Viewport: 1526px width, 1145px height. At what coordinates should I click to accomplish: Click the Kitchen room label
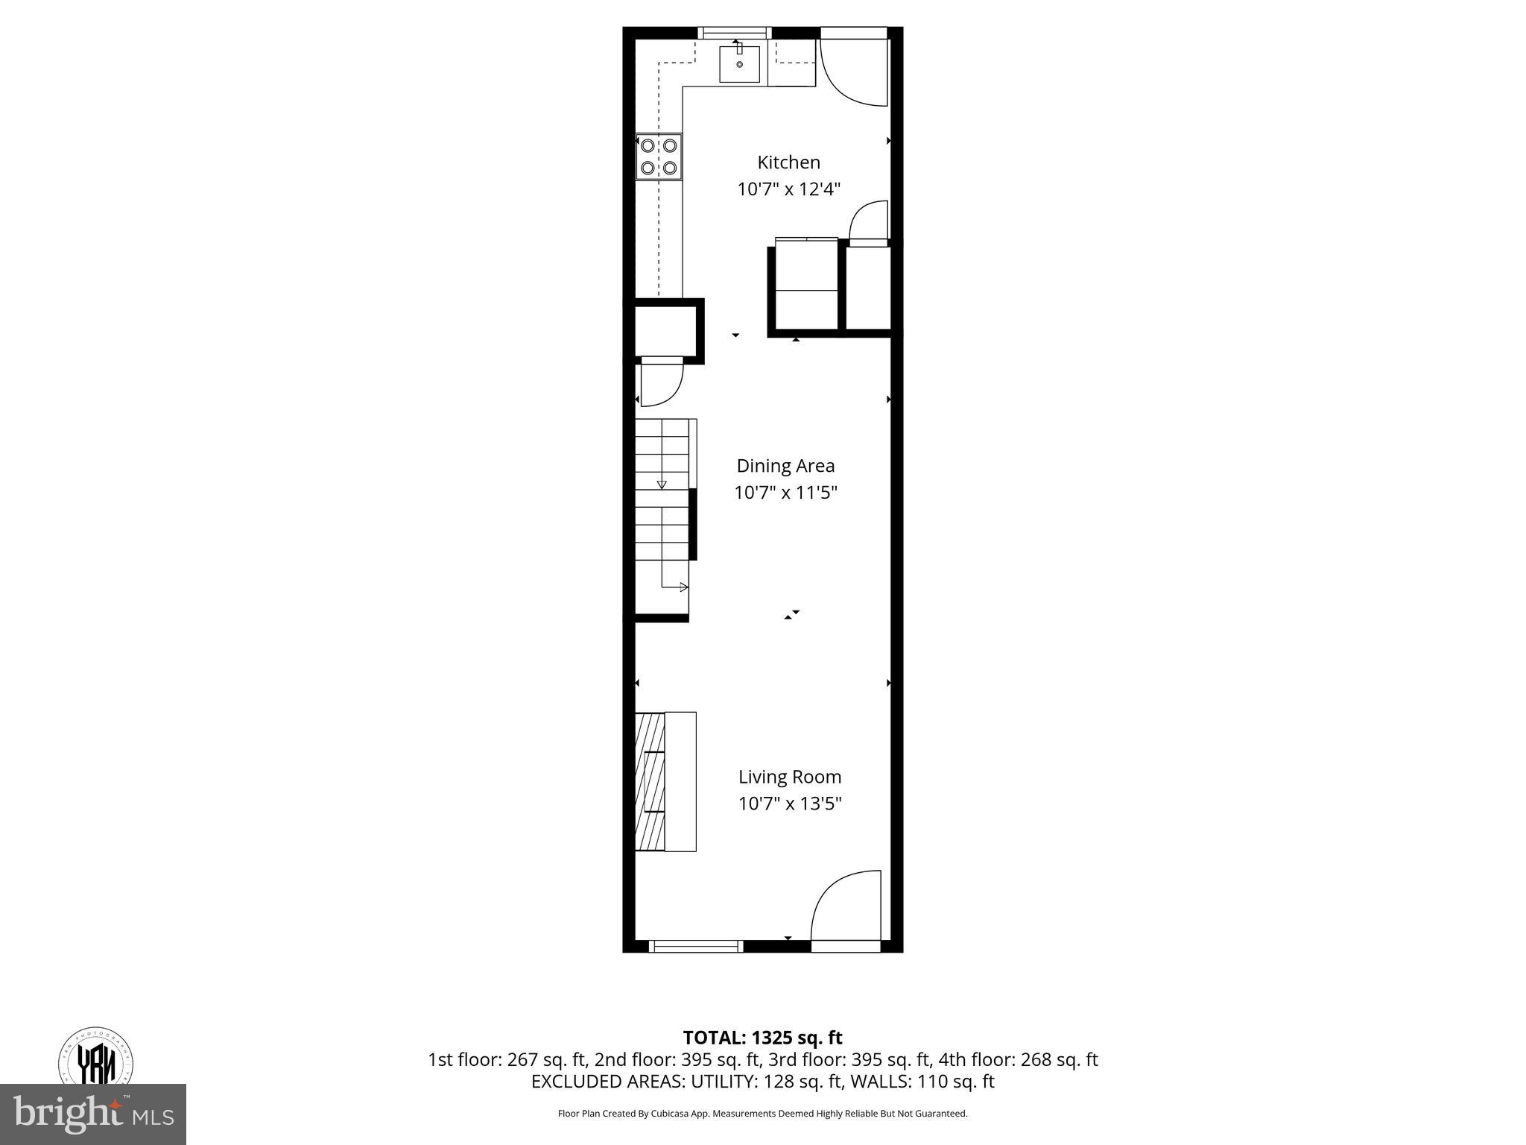tap(788, 163)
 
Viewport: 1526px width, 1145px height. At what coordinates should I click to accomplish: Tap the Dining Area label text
tap(785, 466)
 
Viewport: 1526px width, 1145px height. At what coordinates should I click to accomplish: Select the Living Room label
tap(790, 777)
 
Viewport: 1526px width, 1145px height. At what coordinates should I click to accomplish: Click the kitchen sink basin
tap(739, 64)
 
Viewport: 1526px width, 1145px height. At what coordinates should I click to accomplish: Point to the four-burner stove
tap(659, 157)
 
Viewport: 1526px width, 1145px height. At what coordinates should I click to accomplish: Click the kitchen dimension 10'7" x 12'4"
tap(788, 189)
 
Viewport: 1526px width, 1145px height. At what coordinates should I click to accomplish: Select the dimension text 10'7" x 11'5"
tap(785, 493)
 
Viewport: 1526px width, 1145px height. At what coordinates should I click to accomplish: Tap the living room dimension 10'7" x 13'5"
tap(790, 804)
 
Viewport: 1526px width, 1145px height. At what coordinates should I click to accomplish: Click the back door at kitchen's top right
tap(853, 71)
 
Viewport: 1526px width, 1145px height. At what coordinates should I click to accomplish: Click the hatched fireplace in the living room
tap(649, 781)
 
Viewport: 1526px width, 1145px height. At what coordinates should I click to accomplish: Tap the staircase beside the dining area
tap(662, 514)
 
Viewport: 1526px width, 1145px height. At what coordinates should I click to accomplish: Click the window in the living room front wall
tap(696, 946)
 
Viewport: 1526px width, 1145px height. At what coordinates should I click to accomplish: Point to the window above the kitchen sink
tap(735, 32)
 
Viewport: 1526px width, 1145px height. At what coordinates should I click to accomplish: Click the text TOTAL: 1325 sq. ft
tap(762, 1038)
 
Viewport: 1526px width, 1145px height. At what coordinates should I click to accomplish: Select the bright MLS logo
tap(92, 1114)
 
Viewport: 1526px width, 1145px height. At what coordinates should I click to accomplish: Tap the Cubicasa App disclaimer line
tap(762, 1114)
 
